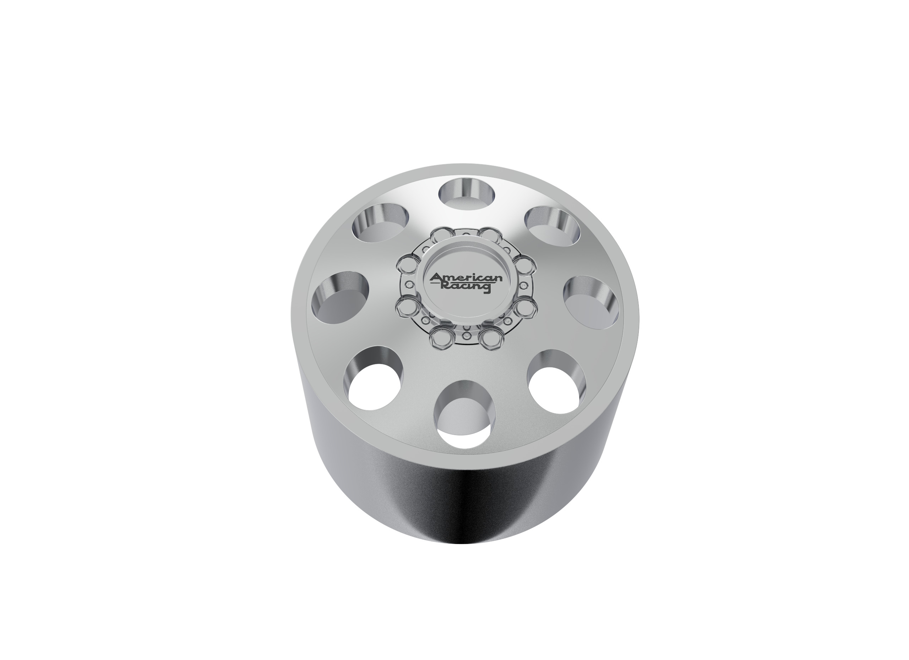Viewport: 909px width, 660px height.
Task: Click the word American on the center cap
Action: tap(466, 278)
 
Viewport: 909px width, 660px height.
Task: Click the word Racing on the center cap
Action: tap(466, 287)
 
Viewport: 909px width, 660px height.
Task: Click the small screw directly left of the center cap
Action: tap(409, 285)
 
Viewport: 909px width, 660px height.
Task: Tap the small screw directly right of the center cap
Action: tap(523, 286)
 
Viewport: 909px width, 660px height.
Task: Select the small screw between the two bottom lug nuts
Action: tap(467, 336)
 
